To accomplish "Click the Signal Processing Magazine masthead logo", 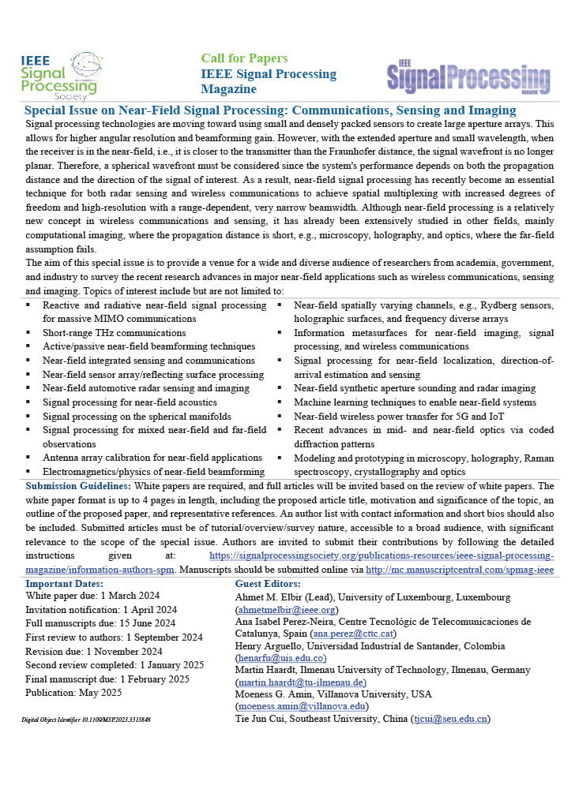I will coord(468,77).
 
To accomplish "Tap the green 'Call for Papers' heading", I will coord(244,58).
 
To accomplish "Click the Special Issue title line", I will coord(270,110).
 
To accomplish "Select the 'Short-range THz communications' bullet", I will coord(114,333).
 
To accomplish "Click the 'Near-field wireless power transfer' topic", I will coord(400,417).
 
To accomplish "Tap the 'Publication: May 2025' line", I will coord(73,693).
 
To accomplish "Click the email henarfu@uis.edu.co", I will coord(281,657).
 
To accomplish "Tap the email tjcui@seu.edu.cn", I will coord(449,719).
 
